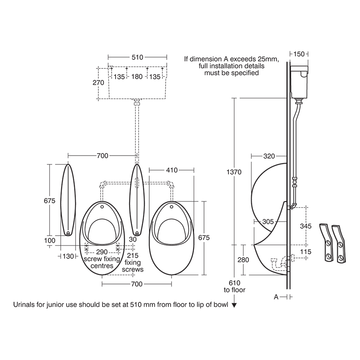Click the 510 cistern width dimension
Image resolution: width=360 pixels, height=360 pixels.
point(137,58)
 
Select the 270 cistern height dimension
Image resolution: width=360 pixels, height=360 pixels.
point(98,83)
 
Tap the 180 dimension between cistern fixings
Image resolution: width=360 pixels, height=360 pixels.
point(137,76)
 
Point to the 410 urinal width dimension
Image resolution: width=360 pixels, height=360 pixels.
point(172,170)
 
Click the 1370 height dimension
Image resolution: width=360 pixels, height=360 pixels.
point(234,172)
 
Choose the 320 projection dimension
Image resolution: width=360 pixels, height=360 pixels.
point(269,156)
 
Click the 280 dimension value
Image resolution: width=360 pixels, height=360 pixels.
point(243,260)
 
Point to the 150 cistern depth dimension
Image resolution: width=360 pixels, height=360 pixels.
point(299,54)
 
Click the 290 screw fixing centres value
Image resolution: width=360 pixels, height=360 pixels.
point(102,252)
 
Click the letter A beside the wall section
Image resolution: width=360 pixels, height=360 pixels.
point(276,297)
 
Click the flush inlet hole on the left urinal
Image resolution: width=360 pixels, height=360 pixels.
point(102,207)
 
